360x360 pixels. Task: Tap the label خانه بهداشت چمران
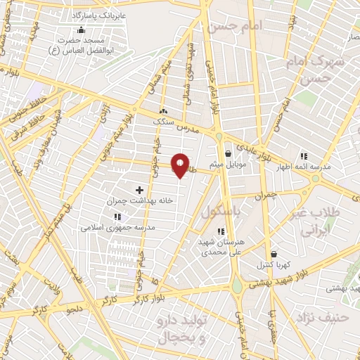[139, 201]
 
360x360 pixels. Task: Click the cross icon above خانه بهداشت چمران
[139, 190]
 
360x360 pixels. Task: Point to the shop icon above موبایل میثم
[228, 153]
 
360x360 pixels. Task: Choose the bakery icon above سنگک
[164, 110]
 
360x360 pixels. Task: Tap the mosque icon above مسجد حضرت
[82, 30]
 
